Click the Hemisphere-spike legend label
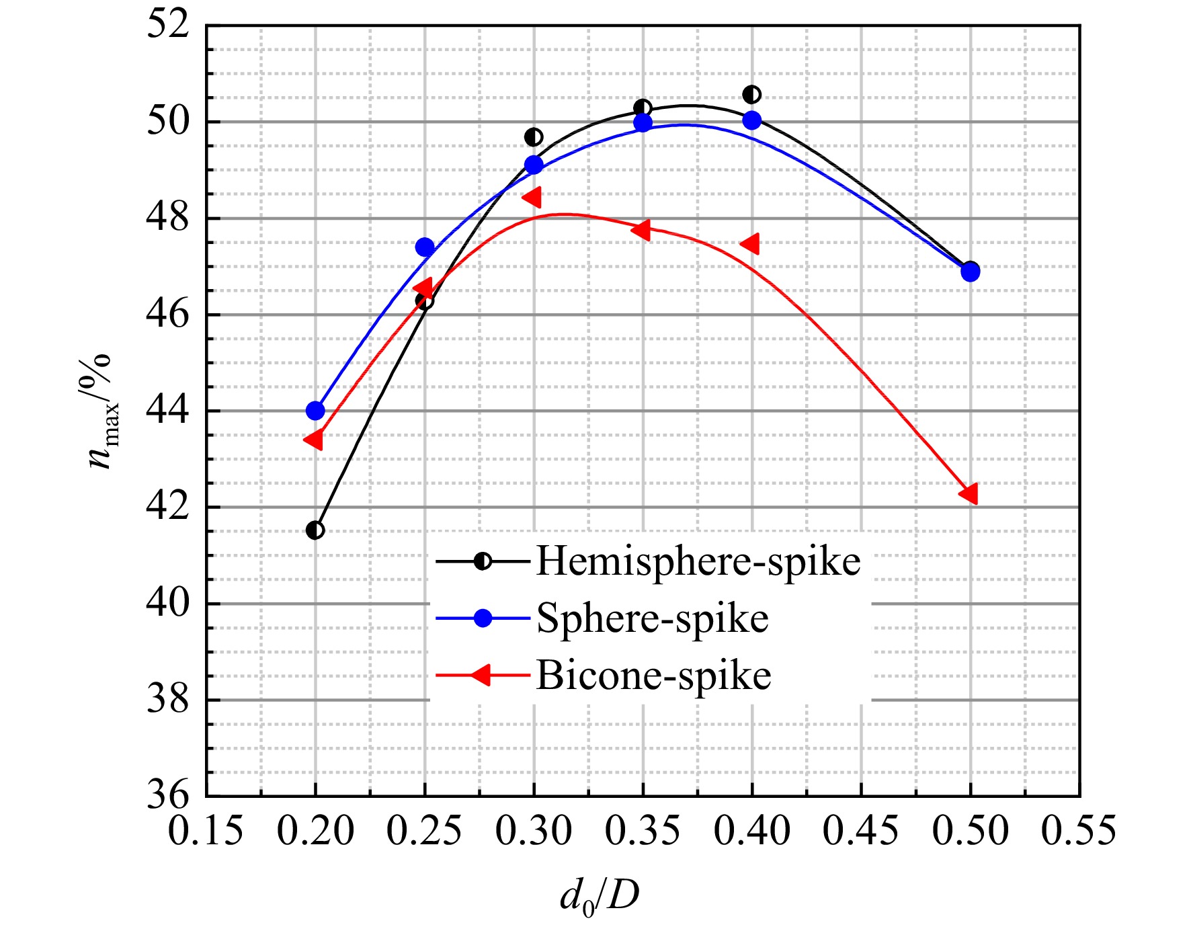point(698,561)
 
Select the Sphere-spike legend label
point(653,618)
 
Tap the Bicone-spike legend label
point(653,676)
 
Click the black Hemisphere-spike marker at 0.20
point(315,530)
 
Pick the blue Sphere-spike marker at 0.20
point(315,411)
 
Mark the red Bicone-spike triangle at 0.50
point(969,493)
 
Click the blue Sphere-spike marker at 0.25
point(425,247)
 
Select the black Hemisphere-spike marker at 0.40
point(752,95)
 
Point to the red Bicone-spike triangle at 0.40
point(750,244)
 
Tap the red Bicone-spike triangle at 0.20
point(313,440)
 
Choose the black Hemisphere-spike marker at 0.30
point(534,137)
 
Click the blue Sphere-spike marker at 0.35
point(643,122)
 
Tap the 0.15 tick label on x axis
point(206,831)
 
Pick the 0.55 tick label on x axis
point(1079,831)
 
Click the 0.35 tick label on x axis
point(643,831)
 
